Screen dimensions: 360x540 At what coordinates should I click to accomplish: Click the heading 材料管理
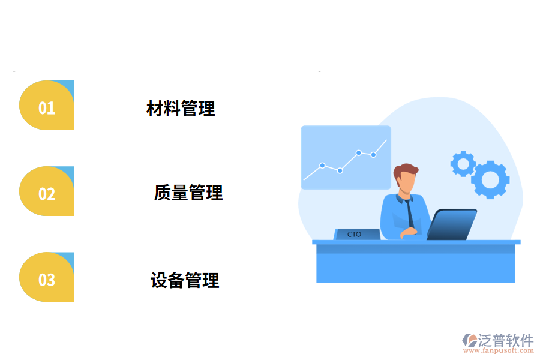(181, 109)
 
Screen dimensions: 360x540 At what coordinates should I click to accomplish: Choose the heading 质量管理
(188, 193)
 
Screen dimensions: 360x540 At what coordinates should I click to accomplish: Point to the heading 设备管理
(185, 280)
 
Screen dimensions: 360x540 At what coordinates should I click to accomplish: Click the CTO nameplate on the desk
(355, 234)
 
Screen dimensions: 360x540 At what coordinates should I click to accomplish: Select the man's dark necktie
(409, 213)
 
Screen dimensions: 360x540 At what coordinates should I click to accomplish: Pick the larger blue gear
(490, 179)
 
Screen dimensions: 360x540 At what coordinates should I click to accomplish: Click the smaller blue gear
(463, 163)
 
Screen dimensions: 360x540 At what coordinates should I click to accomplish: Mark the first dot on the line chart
(322, 165)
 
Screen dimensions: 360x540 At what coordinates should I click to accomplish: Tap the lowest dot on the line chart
(340, 170)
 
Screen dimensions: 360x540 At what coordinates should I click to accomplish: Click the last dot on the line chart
(373, 155)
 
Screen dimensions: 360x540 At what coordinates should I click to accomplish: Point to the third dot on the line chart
(358, 152)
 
